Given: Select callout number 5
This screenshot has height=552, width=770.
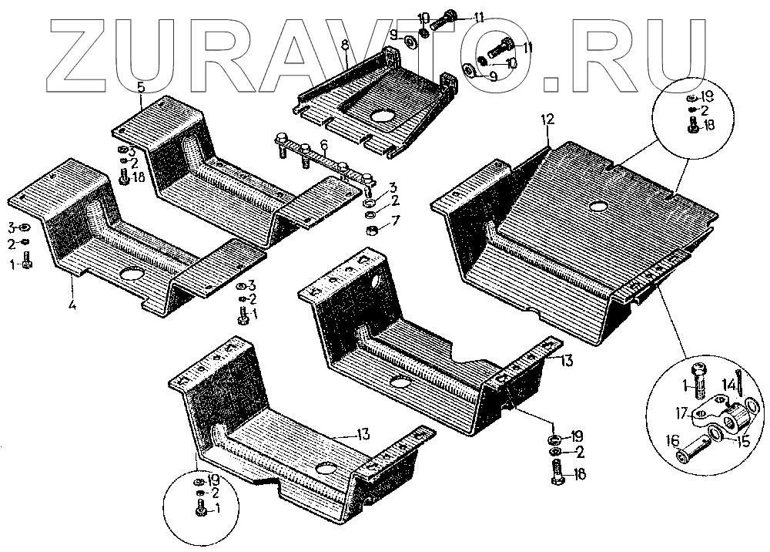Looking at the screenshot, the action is [141, 86].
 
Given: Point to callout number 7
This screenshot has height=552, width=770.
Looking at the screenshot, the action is [395, 222].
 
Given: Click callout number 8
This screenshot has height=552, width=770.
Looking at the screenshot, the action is [345, 44].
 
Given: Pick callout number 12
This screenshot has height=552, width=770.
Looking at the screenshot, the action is [547, 119].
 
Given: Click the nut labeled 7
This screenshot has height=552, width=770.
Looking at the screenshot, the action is [370, 230].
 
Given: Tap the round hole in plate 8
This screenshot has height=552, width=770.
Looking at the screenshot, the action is [381, 117].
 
